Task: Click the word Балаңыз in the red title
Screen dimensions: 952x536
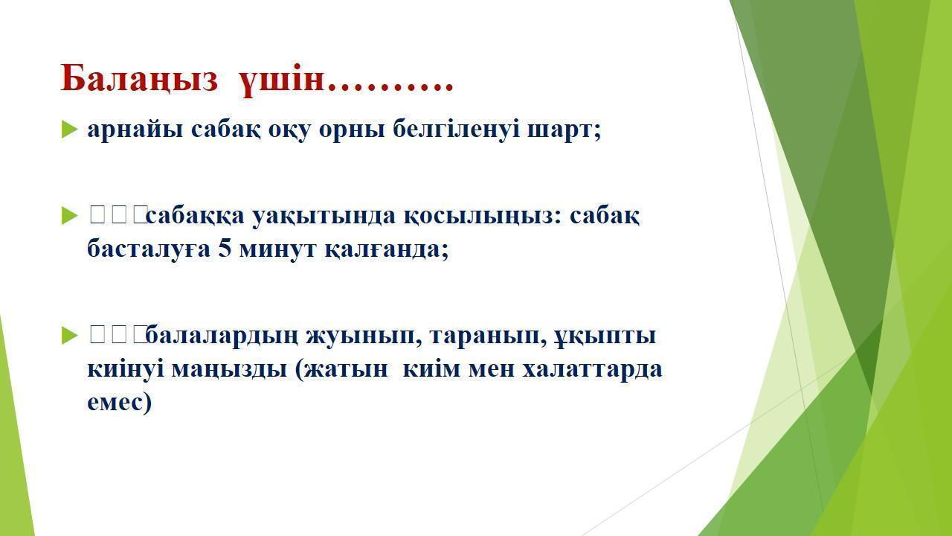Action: tap(139, 79)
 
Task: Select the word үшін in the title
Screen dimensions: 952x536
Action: tap(281, 80)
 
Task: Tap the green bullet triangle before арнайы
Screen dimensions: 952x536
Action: tap(69, 130)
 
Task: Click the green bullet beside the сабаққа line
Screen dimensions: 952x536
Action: tap(69, 216)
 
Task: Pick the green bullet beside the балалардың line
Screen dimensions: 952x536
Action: tap(69, 335)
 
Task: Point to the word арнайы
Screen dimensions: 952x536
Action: tap(135, 130)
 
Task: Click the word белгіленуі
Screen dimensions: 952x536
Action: tap(456, 130)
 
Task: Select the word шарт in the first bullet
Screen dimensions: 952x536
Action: tap(561, 130)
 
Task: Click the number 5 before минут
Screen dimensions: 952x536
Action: tap(225, 249)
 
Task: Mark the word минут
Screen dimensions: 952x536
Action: tap(277, 249)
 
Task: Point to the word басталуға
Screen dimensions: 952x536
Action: tap(149, 249)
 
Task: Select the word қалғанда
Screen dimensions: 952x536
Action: tap(384, 249)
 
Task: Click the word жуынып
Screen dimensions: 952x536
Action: tap(364, 336)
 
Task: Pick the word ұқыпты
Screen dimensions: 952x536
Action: tap(605, 336)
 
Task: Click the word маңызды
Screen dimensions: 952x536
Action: tap(229, 370)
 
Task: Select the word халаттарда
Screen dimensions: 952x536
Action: tap(592, 368)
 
